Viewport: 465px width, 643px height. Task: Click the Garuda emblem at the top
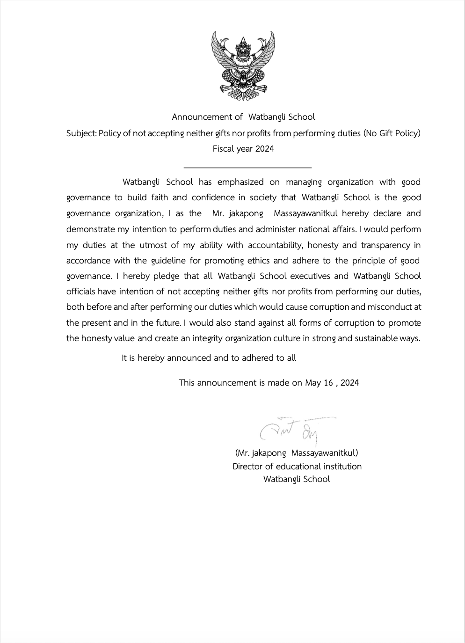243,66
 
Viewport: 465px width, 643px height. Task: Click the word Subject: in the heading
81,133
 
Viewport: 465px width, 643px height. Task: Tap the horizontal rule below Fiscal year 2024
247,167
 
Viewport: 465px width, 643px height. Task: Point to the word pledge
166,276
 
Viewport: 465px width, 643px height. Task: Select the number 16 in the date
328,383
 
